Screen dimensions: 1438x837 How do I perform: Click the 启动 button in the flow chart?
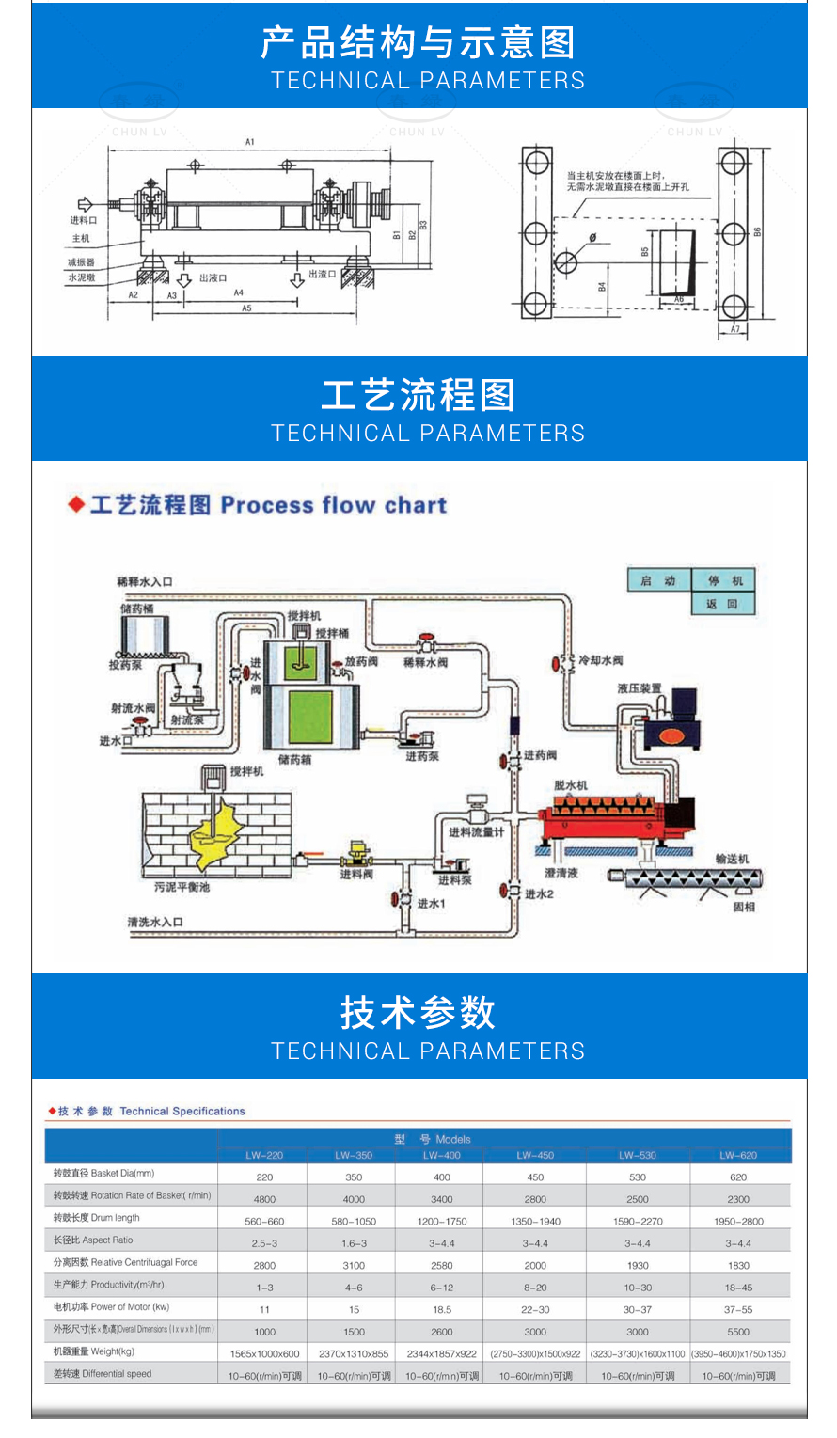pyautogui.click(x=657, y=580)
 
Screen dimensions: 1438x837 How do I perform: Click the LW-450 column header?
pyautogui.click(x=535, y=1155)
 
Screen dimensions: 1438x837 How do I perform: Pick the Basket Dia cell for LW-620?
pyautogui.click(x=738, y=1177)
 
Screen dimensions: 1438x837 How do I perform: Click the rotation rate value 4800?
pyautogui.click(x=264, y=1199)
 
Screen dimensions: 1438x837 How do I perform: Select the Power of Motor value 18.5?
pyautogui.click(x=442, y=1309)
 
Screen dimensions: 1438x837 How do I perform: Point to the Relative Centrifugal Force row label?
pyautogui.click(x=126, y=1262)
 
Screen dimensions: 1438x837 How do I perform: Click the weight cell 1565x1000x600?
pyautogui.click(x=264, y=1354)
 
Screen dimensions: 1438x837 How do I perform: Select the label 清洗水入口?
pyautogui.click(x=155, y=923)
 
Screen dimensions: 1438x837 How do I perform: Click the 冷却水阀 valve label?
pyautogui.click(x=600, y=661)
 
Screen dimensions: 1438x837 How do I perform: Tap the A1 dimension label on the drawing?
pyautogui.click(x=250, y=142)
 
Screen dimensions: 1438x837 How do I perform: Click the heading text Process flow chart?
pyautogui.click(x=333, y=505)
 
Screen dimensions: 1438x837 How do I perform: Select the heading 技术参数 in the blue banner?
pyautogui.click(x=418, y=1013)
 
